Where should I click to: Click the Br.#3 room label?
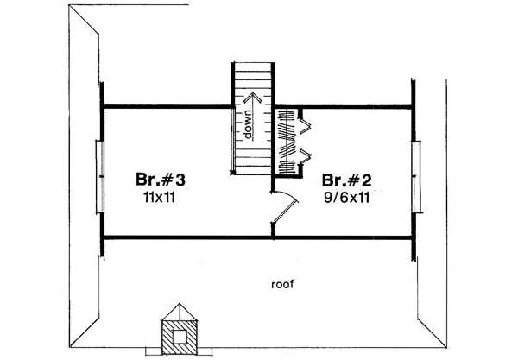161,180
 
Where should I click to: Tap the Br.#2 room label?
350,180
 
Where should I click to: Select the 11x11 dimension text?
161,197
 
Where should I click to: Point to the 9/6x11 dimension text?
350,197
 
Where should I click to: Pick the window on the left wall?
100,174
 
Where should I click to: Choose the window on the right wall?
418,174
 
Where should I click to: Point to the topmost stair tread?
254,66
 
